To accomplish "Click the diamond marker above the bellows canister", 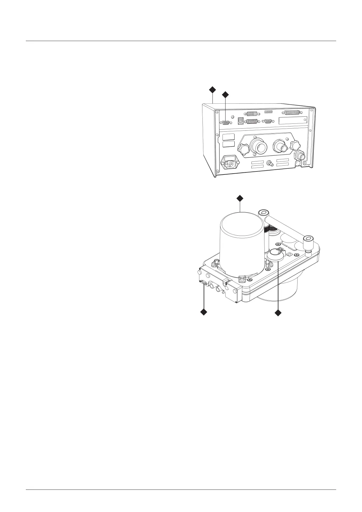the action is (240, 199).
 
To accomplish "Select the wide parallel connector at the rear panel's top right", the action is (292, 112).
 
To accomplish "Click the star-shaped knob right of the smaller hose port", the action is (295, 145).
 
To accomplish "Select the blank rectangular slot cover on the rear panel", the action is (293, 120).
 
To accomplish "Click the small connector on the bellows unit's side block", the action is (203, 283).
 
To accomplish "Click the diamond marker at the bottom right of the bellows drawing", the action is (278, 313).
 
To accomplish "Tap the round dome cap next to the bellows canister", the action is (276, 254).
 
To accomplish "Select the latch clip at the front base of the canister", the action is (243, 278).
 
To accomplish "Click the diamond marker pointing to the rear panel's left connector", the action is (225, 95).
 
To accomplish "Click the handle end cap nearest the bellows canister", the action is (264, 213).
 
